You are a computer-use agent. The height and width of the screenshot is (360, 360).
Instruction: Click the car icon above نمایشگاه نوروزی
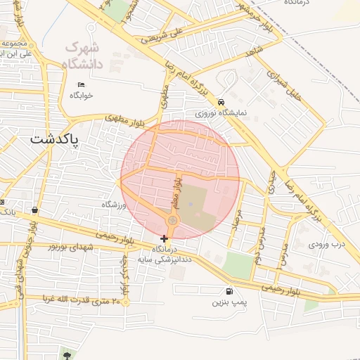pyautogui.click(x=221, y=101)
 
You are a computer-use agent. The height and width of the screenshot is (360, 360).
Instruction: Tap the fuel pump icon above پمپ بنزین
pyautogui.click(x=229, y=291)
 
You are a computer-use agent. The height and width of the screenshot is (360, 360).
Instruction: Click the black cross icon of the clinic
pyautogui.click(x=165, y=239)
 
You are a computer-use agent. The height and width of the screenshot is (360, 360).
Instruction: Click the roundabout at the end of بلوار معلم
pyautogui.click(x=172, y=221)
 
